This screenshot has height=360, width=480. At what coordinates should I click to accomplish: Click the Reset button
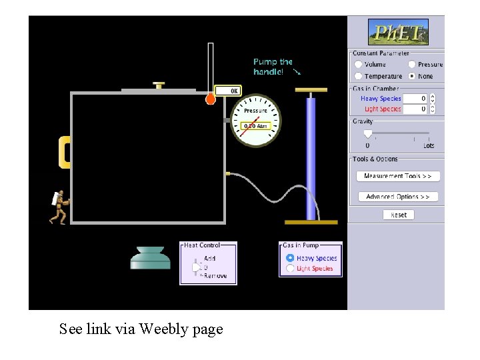click(399, 215)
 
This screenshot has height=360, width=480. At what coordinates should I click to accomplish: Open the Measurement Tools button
click(398, 176)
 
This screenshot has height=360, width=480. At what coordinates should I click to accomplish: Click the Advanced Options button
click(398, 197)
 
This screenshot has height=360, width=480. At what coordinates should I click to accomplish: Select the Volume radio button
click(359, 65)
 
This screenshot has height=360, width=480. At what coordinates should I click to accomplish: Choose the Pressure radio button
click(412, 65)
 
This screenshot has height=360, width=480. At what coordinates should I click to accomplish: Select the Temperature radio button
click(359, 76)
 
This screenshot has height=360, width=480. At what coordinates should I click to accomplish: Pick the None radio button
click(412, 76)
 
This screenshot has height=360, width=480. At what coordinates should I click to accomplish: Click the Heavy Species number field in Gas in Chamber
click(414, 99)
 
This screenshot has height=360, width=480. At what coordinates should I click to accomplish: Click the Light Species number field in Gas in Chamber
click(414, 109)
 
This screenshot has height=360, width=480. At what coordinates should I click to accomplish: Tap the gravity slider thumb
click(367, 135)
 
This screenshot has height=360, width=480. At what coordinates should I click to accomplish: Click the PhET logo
click(398, 32)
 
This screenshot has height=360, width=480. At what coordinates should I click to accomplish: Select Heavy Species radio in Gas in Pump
click(289, 258)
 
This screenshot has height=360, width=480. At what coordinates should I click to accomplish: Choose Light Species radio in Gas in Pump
click(289, 268)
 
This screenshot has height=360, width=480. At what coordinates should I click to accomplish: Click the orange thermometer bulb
click(211, 99)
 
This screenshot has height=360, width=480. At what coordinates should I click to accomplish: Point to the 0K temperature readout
click(227, 91)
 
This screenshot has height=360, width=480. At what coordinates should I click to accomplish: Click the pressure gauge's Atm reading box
click(255, 125)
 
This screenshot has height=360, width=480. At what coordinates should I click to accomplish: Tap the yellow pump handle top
click(311, 90)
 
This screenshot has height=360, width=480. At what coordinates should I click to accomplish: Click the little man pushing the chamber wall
click(59, 207)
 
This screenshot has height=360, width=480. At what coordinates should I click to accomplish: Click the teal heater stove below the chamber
click(154, 258)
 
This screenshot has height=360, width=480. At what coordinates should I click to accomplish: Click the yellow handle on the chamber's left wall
click(65, 152)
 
